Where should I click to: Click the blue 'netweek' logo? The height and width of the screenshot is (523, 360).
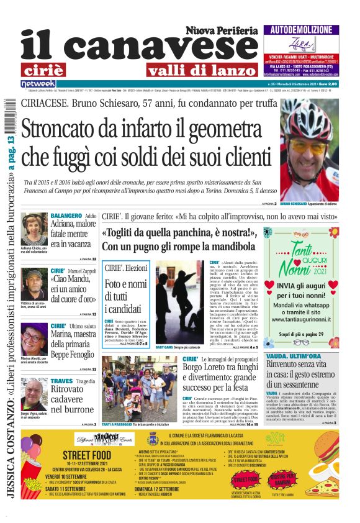[38, 83]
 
